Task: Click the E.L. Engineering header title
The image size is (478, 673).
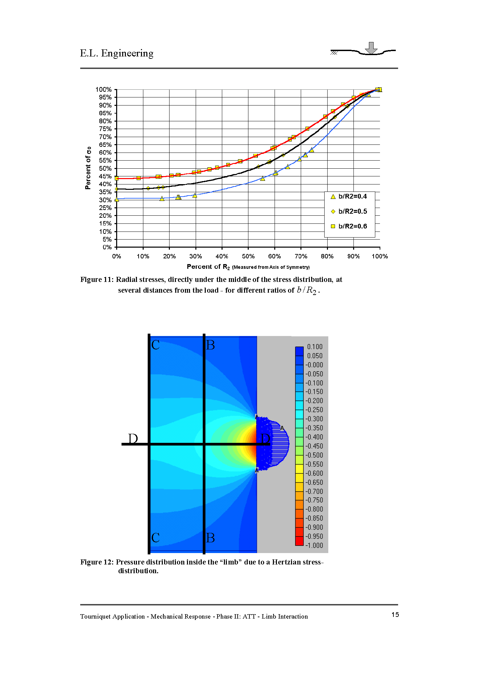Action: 116,53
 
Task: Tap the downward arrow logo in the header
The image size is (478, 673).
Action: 371,48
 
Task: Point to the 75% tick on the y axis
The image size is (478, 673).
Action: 105,129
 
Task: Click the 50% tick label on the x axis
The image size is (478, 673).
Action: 248,256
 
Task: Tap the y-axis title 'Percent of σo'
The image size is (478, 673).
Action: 88,168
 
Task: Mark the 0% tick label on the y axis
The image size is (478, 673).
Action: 107,247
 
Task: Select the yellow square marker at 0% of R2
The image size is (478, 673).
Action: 116,178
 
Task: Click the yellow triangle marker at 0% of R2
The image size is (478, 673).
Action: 116,200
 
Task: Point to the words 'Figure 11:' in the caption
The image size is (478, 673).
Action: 97,280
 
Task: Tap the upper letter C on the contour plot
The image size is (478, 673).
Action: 155,345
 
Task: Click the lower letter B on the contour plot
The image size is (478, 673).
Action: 210,538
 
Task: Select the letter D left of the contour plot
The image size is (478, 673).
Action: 133,438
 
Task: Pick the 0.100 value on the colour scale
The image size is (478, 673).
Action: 315,347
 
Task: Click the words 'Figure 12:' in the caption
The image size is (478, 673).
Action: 97,562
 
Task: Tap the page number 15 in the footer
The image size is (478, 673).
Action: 395,615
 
